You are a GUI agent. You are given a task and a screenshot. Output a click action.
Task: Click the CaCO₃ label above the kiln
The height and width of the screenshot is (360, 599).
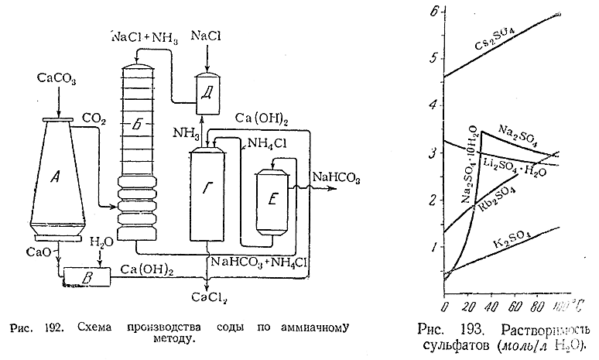click(x=53, y=80)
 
